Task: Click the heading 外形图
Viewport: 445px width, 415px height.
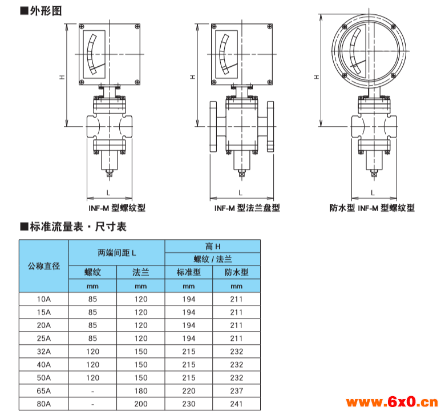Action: coord(46,11)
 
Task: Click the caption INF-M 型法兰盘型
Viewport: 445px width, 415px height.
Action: coord(247,208)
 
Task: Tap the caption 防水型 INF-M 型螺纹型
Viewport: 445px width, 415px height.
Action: coord(372,208)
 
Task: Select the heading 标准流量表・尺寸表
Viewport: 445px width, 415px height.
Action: coord(78,227)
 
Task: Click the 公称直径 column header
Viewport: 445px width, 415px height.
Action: coord(44,266)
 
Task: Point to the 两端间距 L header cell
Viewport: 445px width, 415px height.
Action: coord(116,252)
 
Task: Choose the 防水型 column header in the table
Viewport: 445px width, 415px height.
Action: coord(236,272)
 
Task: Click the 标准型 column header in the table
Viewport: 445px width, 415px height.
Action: coord(189,272)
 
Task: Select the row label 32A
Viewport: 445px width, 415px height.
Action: coord(44,352)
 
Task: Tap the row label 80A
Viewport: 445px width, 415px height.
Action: coord(44,404)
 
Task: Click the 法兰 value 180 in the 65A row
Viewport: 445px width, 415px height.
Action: coord(141,390)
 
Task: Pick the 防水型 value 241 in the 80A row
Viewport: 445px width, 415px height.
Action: coord(236,404)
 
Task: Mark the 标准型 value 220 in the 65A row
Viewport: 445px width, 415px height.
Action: coord(189,390)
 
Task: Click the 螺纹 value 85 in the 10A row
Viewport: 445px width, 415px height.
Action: coord(92,299)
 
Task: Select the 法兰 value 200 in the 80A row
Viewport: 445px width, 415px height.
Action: coord(141,404)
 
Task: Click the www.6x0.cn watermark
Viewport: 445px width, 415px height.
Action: coord(392,402)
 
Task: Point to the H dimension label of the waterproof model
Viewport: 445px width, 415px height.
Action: coord(317,77)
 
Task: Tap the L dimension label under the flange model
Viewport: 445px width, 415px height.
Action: coord(240,193)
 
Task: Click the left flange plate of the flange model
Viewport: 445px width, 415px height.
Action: coord(213,126)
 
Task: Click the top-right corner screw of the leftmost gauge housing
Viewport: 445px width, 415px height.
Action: coord(137,26)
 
